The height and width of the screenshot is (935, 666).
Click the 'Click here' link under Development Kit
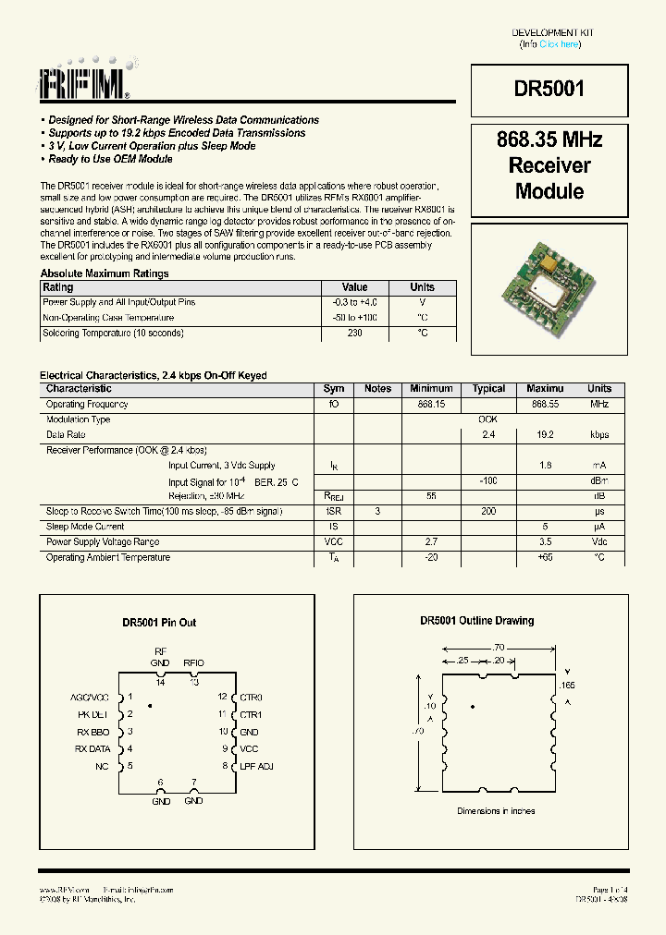[x=559, y=44]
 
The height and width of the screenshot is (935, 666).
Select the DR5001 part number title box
[x=549, y=89]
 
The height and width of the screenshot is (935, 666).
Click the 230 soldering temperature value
[x=354, y=333]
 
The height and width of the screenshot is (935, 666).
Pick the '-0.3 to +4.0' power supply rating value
[x=354, y=302]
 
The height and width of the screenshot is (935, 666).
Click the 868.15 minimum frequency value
[x=431, y=405]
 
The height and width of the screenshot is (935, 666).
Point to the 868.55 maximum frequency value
[x=545, y=405]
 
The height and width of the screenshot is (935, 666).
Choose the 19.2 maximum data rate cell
[x=544, y=434]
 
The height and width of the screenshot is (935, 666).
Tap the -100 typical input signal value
[x=488, y=480]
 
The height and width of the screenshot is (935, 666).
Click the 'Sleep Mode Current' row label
[x=85, y=527]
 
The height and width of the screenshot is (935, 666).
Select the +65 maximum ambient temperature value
[x=544, y=557]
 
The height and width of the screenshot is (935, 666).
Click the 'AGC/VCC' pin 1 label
[x=90, y=697]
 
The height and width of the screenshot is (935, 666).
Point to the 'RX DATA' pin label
[x=92, y=748]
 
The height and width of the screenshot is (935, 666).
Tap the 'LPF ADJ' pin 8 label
[x=256, y=766]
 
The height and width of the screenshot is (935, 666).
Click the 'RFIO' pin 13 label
[x=193, y=662]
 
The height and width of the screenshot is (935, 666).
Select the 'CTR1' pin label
[x=251, y=714]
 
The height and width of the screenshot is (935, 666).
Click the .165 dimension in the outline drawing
[x=568, y=685]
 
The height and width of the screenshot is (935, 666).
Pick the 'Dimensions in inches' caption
[x=496, y=811]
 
